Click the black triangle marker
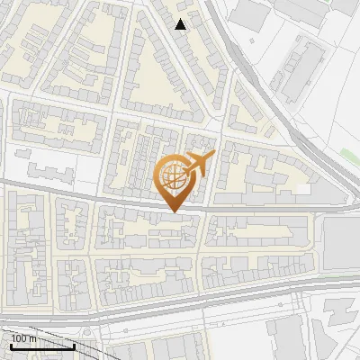181,24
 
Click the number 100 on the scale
19,338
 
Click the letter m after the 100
32,338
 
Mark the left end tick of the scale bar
11,345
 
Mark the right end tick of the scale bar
74,345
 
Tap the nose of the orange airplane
213,155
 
